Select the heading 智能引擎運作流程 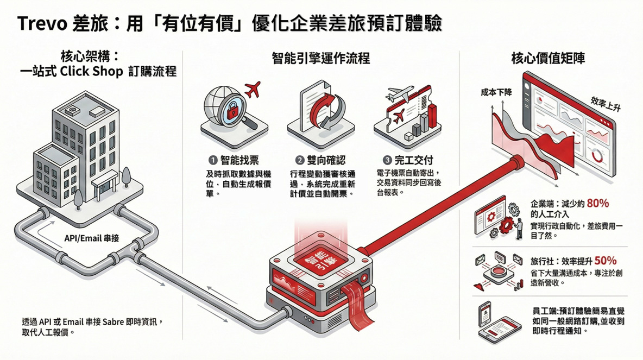pos(321,58)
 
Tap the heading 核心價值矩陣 pos(548,58)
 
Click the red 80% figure pos(597,203)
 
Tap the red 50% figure pos(605,261)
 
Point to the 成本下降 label pos(496,92)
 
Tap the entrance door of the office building pos(103,188)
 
